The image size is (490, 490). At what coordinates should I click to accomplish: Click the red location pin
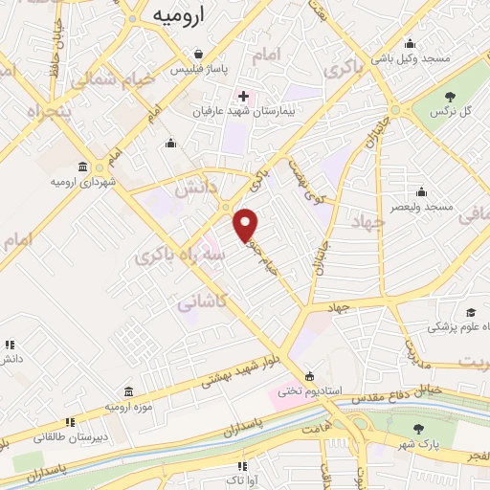(x=247, y=224)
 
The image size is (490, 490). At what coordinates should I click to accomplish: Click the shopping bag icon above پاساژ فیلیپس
(x=197, y=54)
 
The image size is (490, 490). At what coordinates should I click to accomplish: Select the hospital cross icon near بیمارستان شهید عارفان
(x=244, y=96)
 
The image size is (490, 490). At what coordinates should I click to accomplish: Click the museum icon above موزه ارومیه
(x=128, y=392)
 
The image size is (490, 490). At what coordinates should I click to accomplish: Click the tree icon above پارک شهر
(x=416, y=429)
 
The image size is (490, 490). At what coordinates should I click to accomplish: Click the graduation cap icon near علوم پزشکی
(x=470, y=312)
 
